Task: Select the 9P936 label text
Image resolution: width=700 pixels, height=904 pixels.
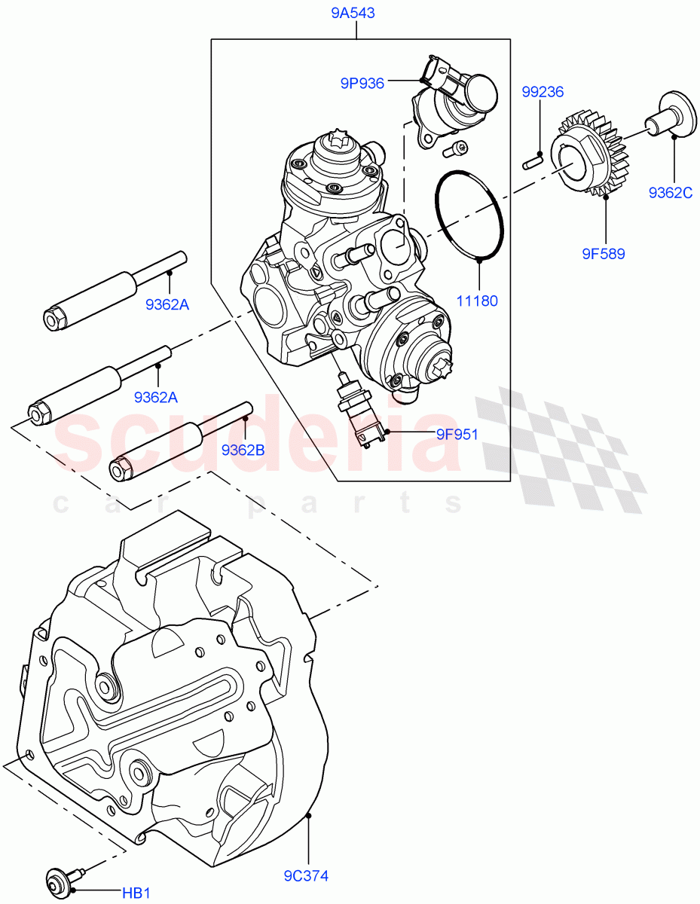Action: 362,84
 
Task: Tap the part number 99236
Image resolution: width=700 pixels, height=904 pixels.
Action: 543,92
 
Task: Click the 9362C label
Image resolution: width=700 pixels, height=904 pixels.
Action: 670,194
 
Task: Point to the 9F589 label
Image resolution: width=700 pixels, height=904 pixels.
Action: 603,254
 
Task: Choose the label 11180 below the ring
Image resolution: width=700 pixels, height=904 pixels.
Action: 476,301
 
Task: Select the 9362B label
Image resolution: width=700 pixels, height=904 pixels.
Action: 243,450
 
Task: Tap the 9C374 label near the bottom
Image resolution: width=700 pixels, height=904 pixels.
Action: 306,876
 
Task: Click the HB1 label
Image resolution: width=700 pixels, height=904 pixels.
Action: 137,893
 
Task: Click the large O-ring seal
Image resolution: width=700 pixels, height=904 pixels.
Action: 469,215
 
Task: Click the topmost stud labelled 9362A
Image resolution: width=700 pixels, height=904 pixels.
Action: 113,291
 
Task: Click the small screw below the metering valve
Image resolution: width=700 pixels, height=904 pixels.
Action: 454,150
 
